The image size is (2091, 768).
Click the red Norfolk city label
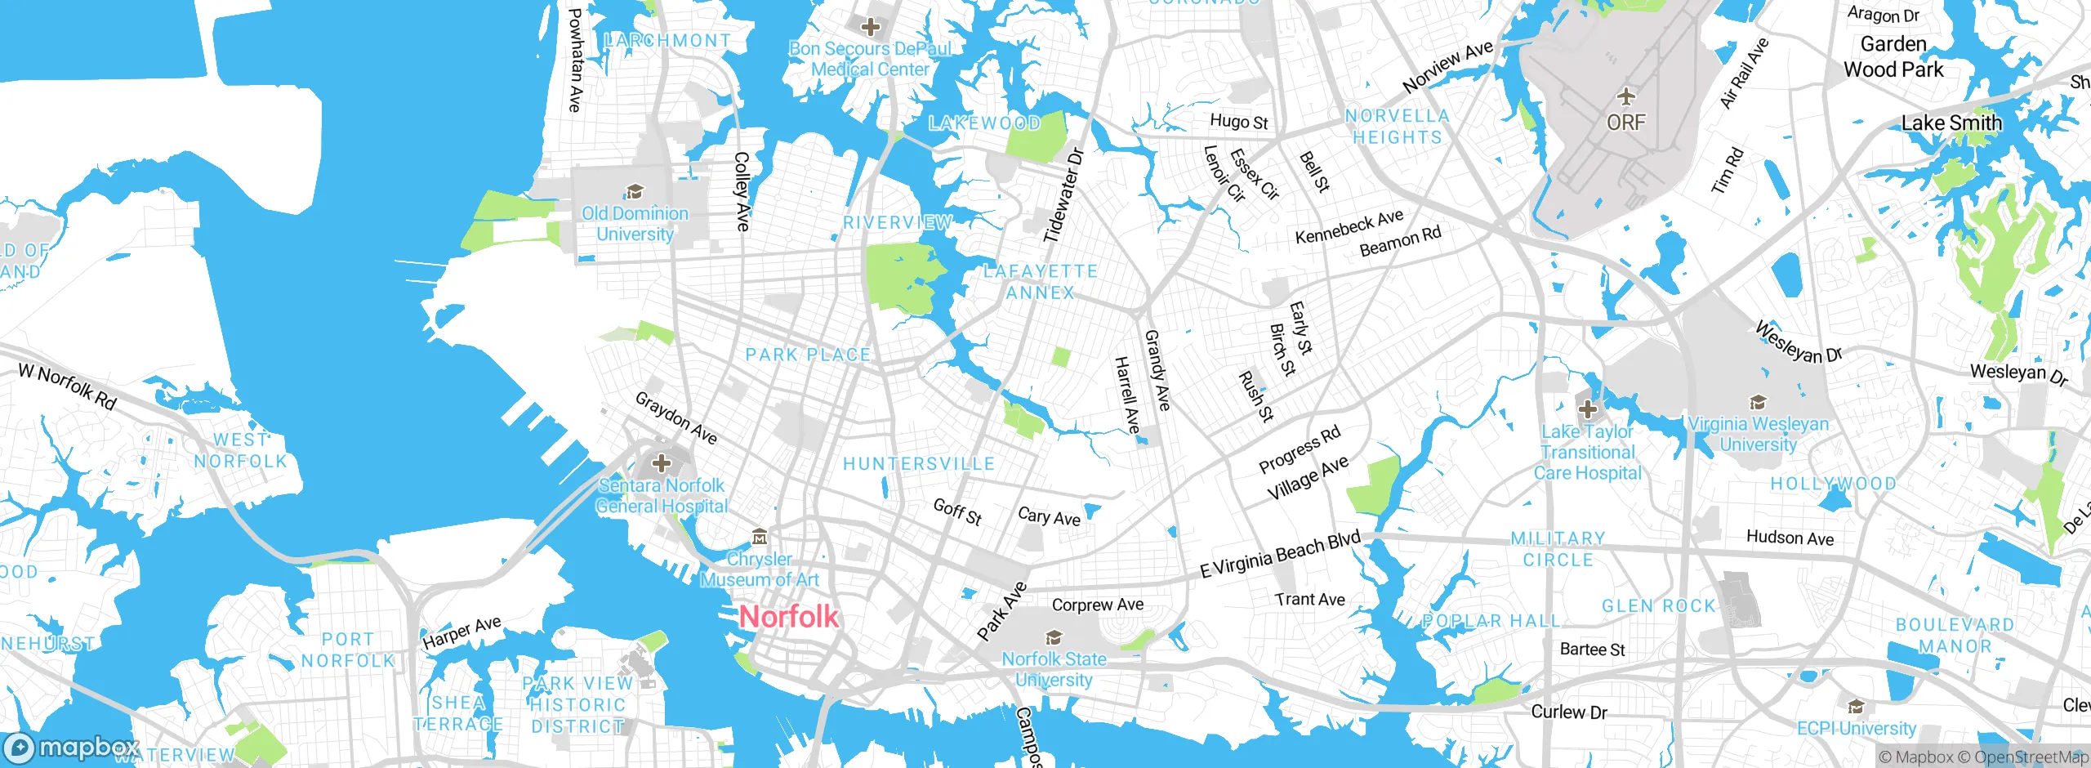pyautogui.click(x=788, y=617)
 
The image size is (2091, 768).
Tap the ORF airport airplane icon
pyautogui.click(x=1626, y=97)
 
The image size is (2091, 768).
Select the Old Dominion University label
pyautogui.click(x=635, y=223)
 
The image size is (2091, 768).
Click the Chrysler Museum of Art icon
pyautogui.click(x=760, y=537)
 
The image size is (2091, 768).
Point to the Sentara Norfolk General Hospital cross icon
pyautogui.click(x=662, y=463)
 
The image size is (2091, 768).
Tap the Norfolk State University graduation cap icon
pyautogui.click(x=1054, y=637)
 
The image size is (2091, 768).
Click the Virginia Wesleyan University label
pyautogui.click(x=1759, y=434)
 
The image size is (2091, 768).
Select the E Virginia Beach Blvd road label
pyautogui.click(x=1280, y=554)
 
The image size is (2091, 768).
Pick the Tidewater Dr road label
pyautogui.click(x=1063, y=195)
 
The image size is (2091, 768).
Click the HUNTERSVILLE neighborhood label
pyautogui.click(x=919, y=464)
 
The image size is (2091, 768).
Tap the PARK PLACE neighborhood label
pyautogui.click(x=808, y=355)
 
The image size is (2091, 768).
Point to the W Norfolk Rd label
pyautogui.click(x=68, y=386)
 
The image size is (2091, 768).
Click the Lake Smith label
pyautogui.click(x=1951, y=123)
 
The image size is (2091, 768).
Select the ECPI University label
pyautogui.click(x=1856, y=728)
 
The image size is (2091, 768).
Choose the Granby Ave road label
pyautogui.click(x=1157, y=370)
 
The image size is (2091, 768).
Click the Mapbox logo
pyautogui.click(x=71, y=748)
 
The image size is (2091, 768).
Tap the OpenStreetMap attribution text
pyautogui.click(x=2030, y=757)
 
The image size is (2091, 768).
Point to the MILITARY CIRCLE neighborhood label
pyautogui.click(x=1558, y=549)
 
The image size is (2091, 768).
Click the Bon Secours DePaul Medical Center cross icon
pyautogui.click(x=871, y=27)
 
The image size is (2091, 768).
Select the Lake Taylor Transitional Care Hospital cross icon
pyautogui.click(x=1587, y=409)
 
